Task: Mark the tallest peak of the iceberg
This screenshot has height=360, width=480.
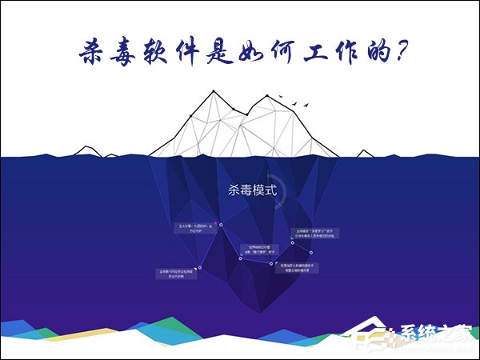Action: click(x=214, y=92)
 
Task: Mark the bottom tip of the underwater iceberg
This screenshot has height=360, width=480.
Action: click(x=241, y=307)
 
